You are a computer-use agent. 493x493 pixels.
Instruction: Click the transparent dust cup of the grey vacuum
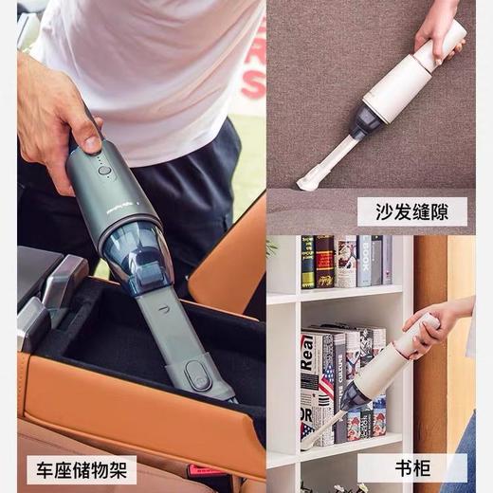pyautogui.click(x=142, y=249)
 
